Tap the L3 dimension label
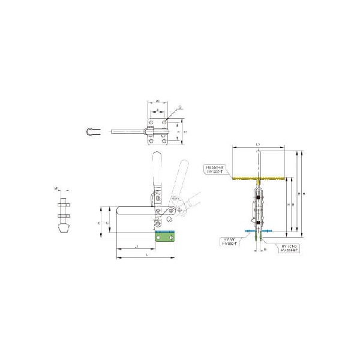click(257, 145)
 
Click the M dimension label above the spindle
click(56, 188)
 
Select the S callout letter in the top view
click(179, 106)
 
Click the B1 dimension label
click(186, 131)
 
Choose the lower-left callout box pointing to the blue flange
click(229, 241)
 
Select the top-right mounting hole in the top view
click(166, 122)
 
